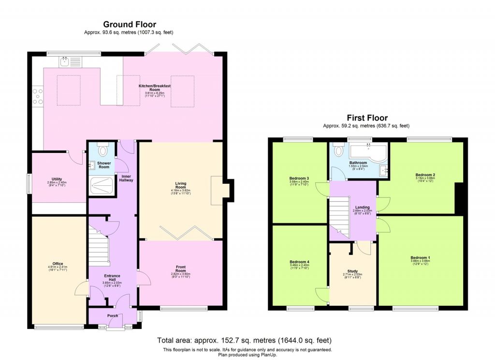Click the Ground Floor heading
129,24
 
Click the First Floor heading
367,118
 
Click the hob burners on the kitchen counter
37,96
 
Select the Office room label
58,264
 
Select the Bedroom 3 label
299,178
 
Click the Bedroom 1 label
420,257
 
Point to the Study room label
352,271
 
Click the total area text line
244,340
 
